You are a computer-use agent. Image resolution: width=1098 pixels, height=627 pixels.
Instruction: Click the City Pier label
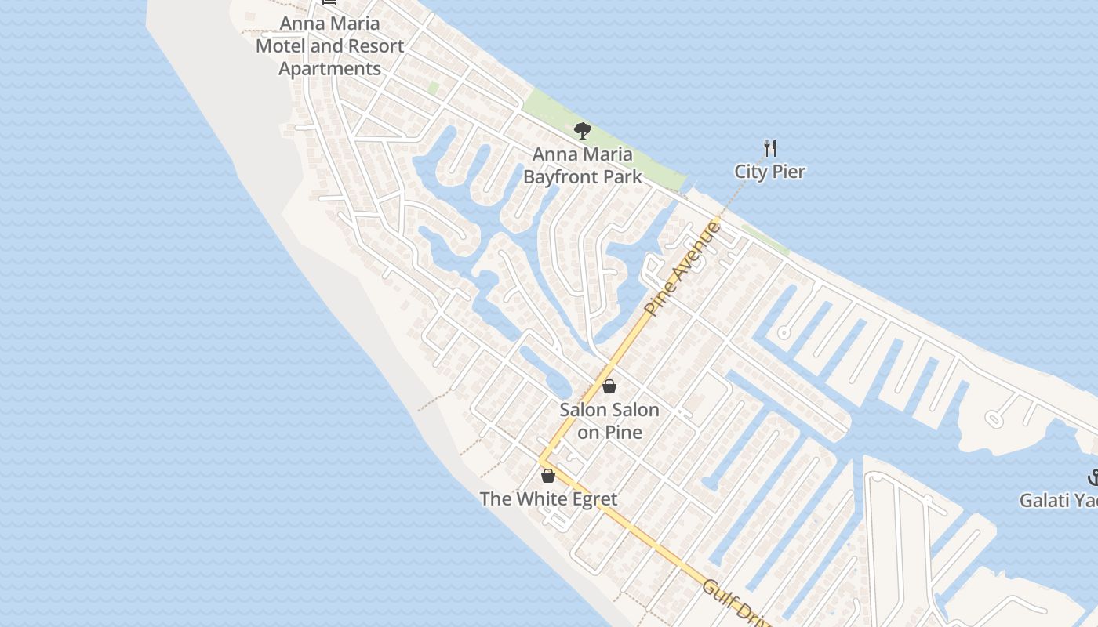coord(769,171)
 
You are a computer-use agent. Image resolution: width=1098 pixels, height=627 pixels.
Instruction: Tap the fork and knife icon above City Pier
coord(770,147)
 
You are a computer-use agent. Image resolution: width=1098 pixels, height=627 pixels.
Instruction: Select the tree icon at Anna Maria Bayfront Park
coord(582,130)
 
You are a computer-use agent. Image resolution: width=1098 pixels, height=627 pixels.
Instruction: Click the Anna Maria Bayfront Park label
coord(582,165)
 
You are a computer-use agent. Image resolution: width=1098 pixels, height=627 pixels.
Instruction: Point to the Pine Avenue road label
coord(682,268)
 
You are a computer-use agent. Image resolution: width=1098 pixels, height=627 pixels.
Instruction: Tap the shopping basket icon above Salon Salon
coord(609,386)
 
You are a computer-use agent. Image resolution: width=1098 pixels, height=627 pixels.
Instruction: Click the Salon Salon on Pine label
coord(609,421)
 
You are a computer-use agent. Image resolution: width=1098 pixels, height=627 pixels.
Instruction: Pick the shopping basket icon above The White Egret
coord(548,475)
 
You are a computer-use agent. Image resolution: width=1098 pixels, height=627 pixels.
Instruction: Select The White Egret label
coord(548,498)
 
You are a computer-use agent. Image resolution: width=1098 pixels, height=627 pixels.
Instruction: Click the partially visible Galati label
coord(1059,499)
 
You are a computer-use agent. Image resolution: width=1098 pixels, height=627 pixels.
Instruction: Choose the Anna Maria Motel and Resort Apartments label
coord(329,45)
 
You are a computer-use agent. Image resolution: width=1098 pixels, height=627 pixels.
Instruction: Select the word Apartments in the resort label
coord(329,68)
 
